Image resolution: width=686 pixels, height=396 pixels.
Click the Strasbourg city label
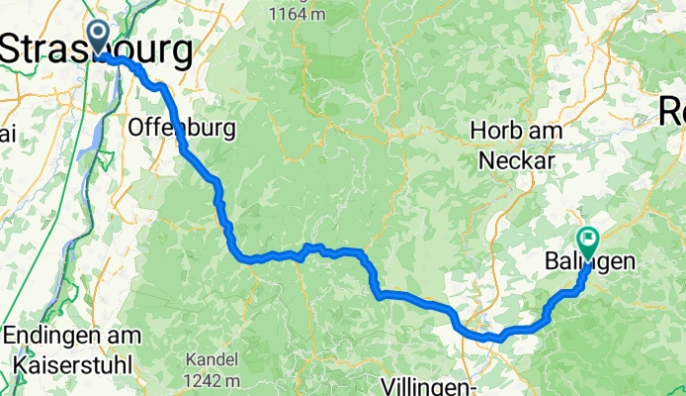pos(97,49)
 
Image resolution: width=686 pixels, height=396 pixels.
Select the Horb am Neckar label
pos(517,145)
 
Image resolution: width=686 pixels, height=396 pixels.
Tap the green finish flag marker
pos(588,239)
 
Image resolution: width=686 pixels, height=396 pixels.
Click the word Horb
pos(492,131)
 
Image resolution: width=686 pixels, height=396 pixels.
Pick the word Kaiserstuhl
pos(77,363)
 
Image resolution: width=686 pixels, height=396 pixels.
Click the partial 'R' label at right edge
pos(674,115)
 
